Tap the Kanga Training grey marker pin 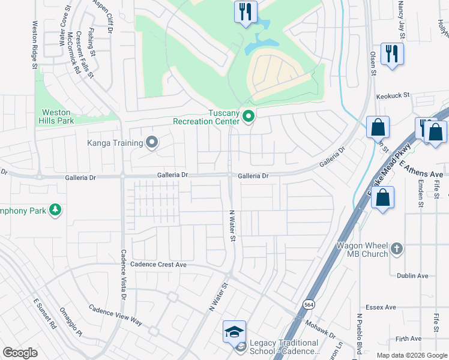152,143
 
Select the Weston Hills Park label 56,116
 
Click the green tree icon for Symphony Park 56,209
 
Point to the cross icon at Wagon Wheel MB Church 396,248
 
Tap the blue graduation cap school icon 235,332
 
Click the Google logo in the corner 20,353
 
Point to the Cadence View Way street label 116,315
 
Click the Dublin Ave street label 412,276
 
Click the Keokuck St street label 392,95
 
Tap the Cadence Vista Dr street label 124,274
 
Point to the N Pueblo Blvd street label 359,334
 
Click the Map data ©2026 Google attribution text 411,355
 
